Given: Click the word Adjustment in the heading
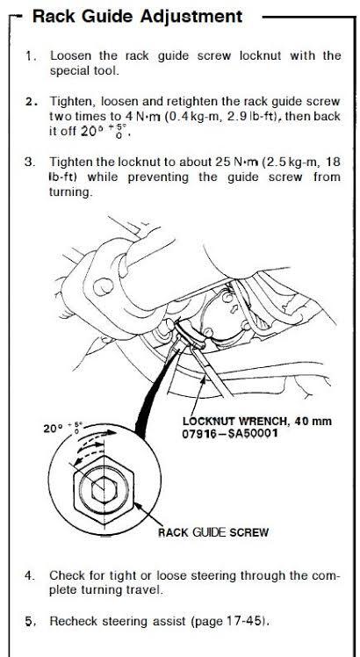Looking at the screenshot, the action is coord(191,17).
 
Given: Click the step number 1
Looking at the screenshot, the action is coord(28,55).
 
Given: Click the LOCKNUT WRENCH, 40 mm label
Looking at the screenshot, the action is coord(257,420).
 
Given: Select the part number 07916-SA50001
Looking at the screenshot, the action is coord(229,433).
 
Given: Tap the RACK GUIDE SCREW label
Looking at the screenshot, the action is coord(212,532).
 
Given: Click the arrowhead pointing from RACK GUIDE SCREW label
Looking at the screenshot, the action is coord(137,506).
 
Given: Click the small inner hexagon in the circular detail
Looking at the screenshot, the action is coord(104,489).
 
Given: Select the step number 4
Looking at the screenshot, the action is coord(28,575).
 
